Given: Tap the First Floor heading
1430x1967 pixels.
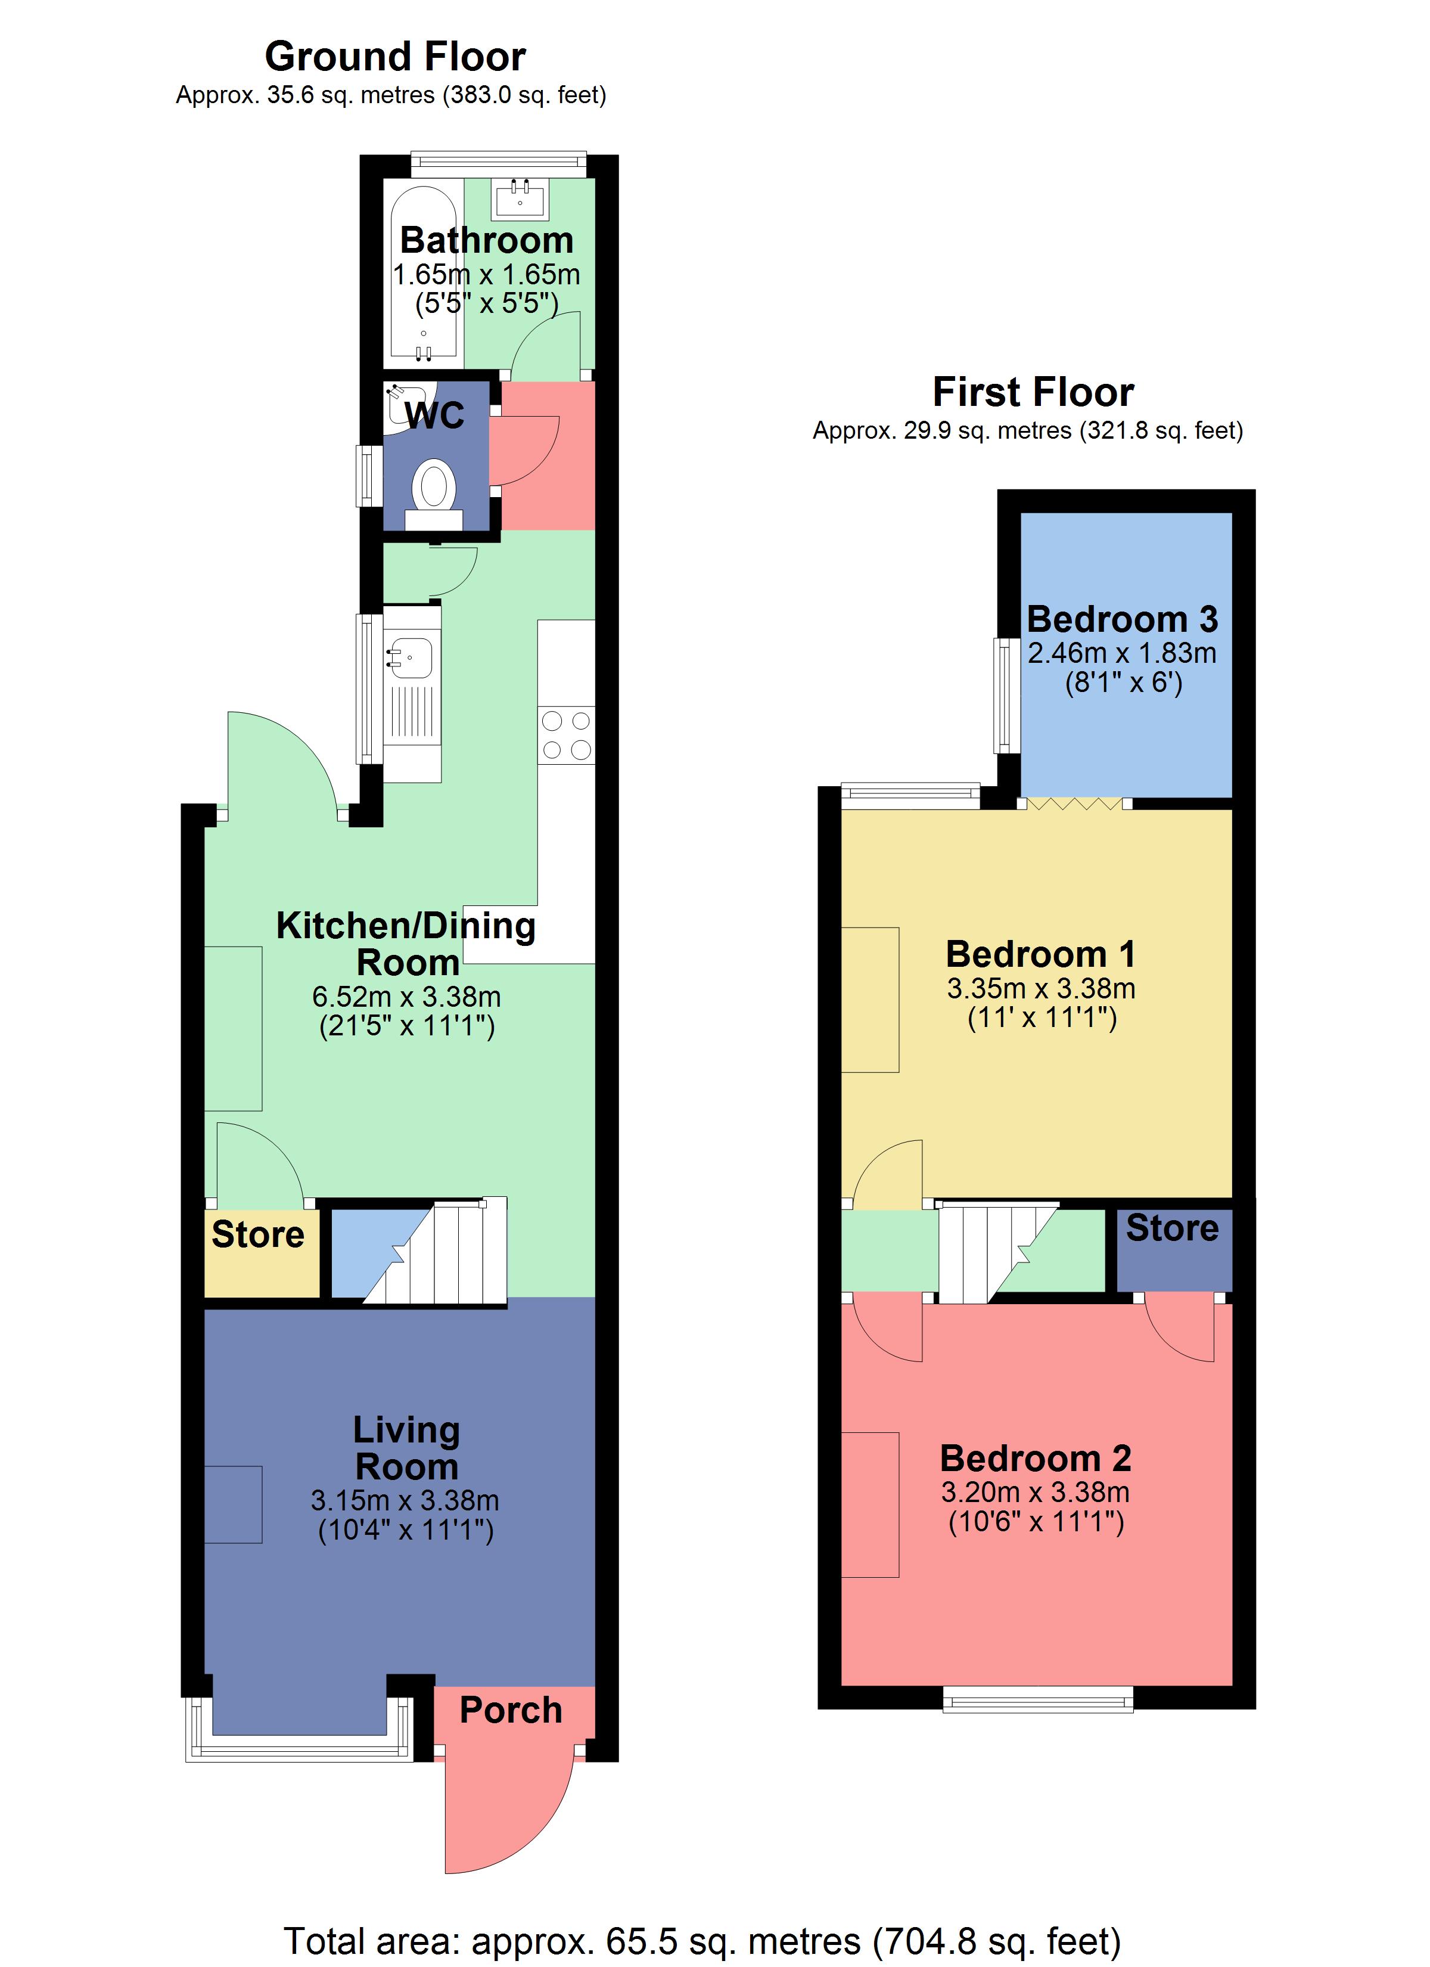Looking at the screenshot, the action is pyautogui.click(x=1033, y=392).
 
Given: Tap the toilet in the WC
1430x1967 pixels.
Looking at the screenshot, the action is pyautogui.click(x=434, y=494).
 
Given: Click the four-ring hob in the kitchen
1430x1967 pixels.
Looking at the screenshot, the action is pyautogui.click(x=566, y=736).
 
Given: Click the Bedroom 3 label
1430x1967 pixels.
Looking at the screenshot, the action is pyautogui.click(x=1122, y=619).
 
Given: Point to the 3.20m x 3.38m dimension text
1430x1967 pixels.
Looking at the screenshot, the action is pyautogui.click(x=1036, y=1492).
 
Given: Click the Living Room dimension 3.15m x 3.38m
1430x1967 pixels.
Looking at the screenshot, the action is pyautogui.click(x=405, y=1500).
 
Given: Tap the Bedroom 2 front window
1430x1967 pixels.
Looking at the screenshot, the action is pyautogui.click(x=1038, y=1698).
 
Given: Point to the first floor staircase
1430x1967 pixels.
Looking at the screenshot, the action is pyautogui.click(x=997, y=1252).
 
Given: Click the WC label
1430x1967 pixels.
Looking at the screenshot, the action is pyautogui.click(x=434, y=415).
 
